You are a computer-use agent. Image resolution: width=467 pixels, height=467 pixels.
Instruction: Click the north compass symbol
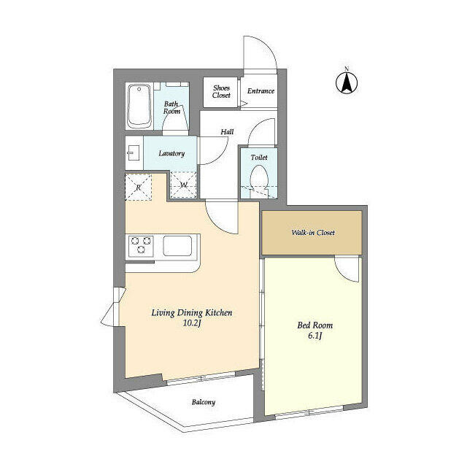[347, 82]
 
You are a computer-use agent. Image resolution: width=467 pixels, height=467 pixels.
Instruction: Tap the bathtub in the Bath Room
[139, 106]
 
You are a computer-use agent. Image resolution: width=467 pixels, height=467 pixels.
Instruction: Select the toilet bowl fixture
[259, 179]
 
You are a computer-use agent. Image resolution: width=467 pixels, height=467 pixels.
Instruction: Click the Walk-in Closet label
[313, 232]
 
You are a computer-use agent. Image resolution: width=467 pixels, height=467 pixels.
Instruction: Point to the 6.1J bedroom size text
[314, 336]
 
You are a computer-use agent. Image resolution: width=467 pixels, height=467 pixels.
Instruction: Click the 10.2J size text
[192, 323]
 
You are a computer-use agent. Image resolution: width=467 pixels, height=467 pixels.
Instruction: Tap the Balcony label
[204, 402]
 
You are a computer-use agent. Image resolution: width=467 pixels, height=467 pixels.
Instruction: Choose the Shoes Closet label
[221, 92]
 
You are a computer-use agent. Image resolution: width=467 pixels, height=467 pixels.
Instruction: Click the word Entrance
[260, 90]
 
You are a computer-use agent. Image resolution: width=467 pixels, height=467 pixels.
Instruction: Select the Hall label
[227, 131]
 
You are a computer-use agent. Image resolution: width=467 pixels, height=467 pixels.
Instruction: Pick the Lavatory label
[171, 153]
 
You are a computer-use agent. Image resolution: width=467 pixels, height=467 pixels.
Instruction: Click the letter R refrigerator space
[139, 188]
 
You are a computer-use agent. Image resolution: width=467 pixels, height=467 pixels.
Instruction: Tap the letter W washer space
[183, 185]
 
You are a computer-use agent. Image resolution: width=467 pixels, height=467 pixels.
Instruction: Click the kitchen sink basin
[177, 246]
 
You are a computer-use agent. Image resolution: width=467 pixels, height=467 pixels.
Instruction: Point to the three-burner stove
[141, 246]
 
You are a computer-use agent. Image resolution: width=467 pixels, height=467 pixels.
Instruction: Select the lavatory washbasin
[134, 153]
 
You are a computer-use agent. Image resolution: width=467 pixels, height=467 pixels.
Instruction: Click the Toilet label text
[259, 158]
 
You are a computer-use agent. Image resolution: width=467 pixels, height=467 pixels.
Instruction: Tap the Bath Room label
[172, 107]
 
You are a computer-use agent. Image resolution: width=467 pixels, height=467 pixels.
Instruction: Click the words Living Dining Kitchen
[192, 313]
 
